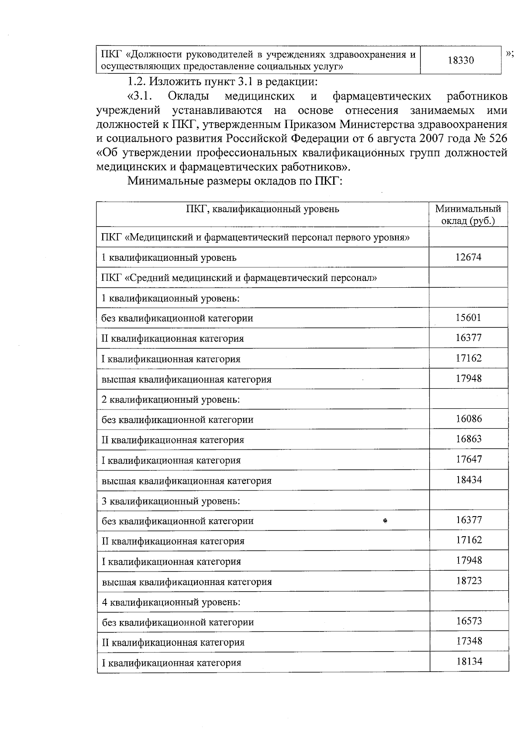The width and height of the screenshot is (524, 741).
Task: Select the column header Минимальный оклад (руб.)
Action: pos(468,215)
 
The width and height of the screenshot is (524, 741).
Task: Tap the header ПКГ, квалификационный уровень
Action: pos(262,209)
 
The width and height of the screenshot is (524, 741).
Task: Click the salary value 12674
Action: pos(468,257)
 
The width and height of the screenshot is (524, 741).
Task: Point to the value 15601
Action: pos(468,317)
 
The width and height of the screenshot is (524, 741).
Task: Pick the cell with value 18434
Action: pos(469,480)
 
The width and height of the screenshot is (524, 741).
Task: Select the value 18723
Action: pos(469,581)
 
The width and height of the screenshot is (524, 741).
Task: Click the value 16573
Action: pos(469,621)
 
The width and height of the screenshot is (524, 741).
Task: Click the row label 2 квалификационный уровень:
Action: pos(171,400)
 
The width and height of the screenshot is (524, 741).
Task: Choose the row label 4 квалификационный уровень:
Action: pos(171,602)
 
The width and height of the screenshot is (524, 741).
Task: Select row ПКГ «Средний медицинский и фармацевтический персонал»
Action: pos(239,278)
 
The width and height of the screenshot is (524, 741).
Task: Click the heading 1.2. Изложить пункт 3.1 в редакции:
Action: pos(222,82)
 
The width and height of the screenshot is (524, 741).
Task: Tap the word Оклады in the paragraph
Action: pos(188,96)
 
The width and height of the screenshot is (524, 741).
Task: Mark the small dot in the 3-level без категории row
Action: pos(385,520)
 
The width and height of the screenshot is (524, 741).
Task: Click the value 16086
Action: pos(469,419)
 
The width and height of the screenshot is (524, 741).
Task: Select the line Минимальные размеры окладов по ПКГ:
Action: pos(234,181)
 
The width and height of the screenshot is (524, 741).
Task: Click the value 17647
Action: pos(469,459)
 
